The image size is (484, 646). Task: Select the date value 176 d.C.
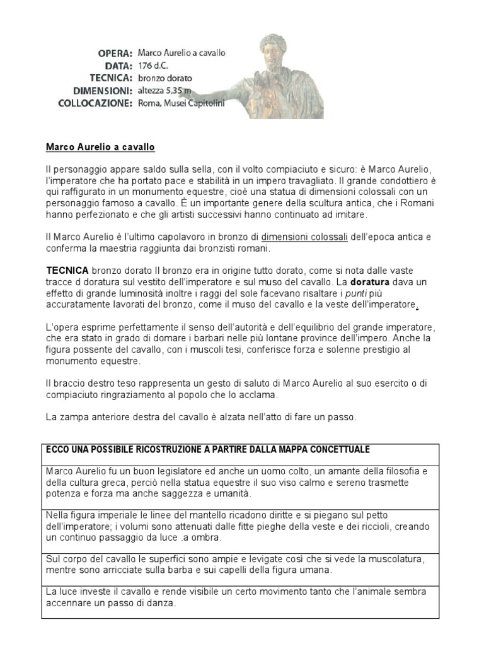153,66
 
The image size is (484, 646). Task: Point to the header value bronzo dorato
166,78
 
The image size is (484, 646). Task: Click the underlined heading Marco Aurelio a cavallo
100,148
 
